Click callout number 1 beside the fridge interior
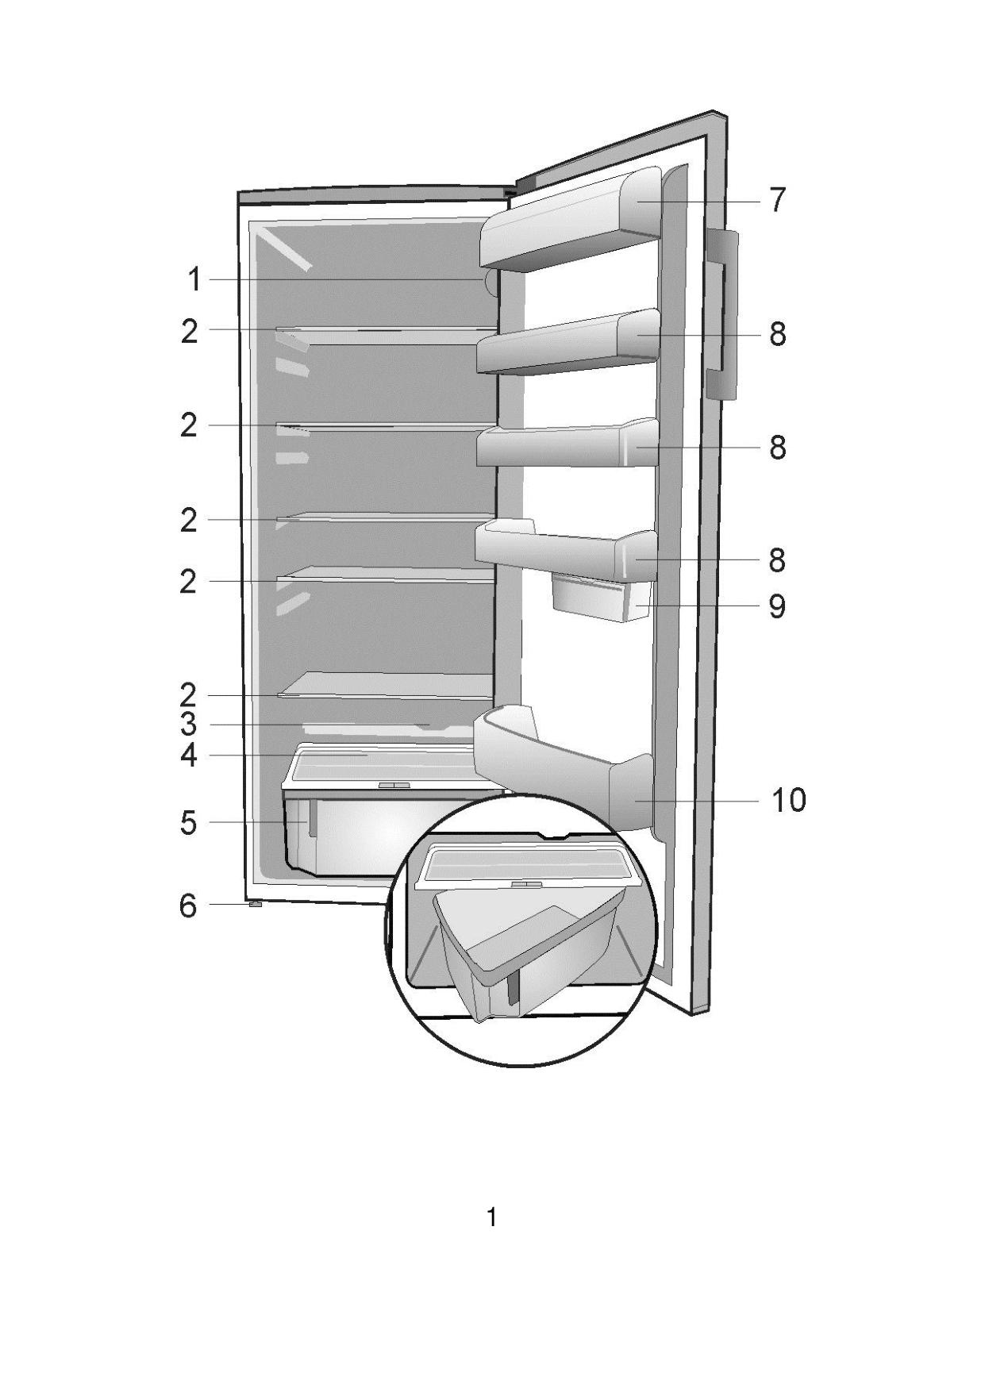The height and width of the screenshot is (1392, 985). coord(194,280)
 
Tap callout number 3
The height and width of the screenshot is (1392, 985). coord(188,724)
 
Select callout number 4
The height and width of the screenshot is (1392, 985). coord(188,755)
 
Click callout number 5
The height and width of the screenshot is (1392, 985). coord(188,823)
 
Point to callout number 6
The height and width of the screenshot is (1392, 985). coord(188,905)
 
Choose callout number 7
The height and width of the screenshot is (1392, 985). coord(777,200)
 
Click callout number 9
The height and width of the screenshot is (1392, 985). coord(777,606)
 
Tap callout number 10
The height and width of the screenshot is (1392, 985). coord(789,800)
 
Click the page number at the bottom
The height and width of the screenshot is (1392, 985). coord(492,1217)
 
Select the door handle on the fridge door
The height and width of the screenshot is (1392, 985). coord(723,315)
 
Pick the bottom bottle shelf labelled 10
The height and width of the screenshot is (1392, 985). coord(563,763)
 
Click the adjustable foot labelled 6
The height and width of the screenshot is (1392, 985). coord(256,904)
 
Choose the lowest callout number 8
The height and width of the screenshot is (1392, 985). coord(777,560)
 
